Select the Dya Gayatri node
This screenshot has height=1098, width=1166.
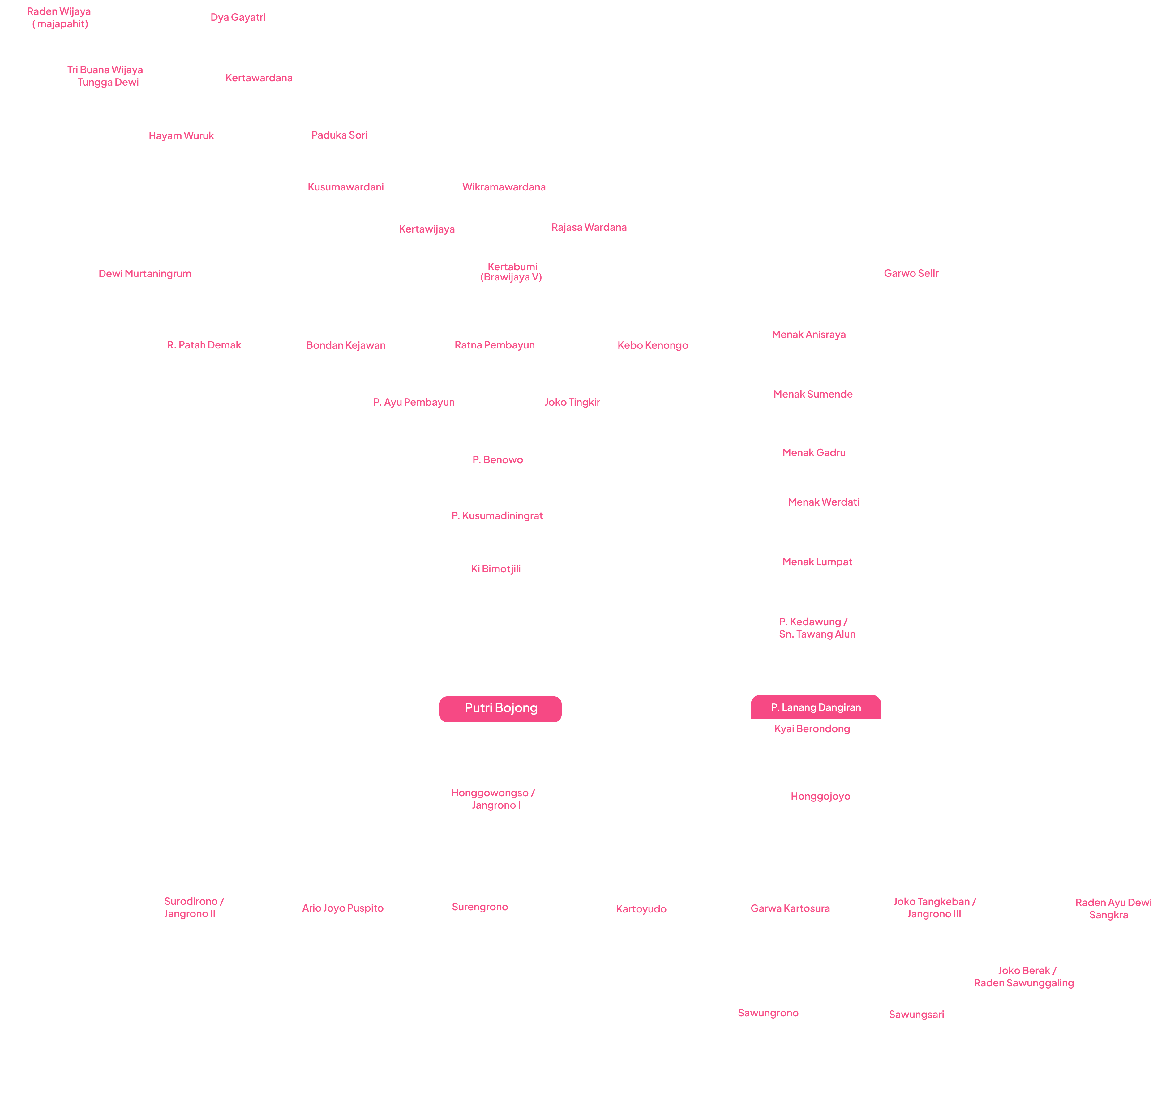(241, 18)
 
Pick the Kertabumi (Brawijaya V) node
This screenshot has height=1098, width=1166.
(512, 272)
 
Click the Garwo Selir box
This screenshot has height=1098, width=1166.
(908, 273)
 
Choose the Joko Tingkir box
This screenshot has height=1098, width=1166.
(572, 402)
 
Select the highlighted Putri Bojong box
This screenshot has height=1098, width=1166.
(500, 708)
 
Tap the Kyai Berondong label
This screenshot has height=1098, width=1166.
(812, 729)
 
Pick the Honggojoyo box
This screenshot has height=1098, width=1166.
(820, 797)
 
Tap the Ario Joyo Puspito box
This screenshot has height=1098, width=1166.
(345, 908)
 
